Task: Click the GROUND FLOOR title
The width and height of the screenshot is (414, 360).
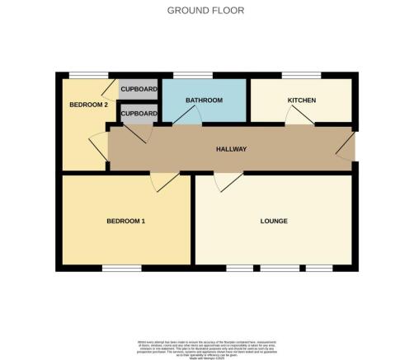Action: [206, 10]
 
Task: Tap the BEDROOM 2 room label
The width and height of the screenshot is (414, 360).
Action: [87, 105]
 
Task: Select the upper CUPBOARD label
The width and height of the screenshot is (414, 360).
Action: [138, 89]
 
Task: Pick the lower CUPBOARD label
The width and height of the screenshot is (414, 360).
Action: [138, 114]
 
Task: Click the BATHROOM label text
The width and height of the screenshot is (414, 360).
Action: [204, 101]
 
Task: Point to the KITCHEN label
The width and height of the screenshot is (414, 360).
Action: [302, 101]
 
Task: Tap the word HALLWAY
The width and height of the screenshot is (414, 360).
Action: [232, 149]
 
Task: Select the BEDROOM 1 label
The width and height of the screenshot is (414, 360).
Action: [126, 221]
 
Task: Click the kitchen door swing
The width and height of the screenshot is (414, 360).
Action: [299, 118]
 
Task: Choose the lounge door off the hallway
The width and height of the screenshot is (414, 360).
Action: [228, 181]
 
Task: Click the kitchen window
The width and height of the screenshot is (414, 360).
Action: [301, 75]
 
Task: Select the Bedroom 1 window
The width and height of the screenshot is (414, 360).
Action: [120, 268]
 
